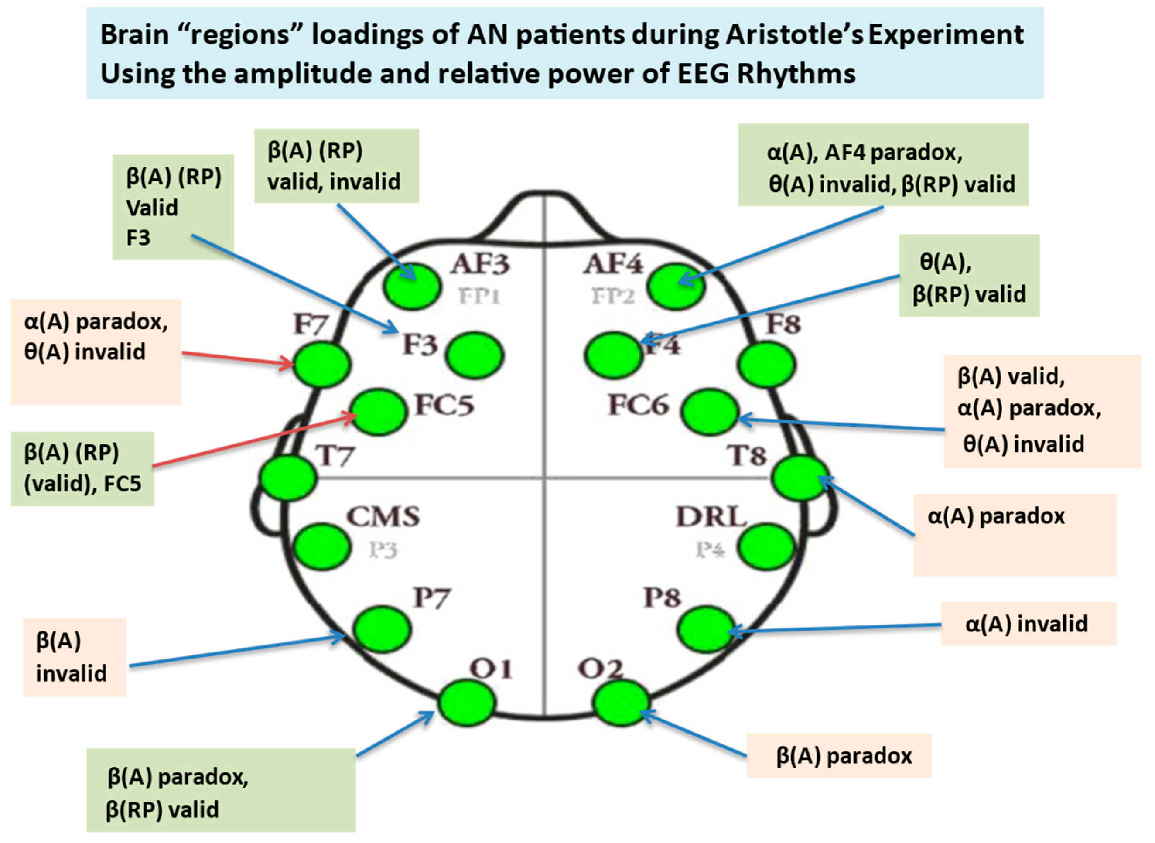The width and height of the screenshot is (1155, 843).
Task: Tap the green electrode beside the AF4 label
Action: (x=676, y=286)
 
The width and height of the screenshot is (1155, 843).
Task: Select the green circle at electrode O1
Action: (x=466, y=702)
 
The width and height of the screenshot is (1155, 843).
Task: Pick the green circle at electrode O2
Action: (x=621, y=703)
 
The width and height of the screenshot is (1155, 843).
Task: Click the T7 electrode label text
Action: (x=334, y=456)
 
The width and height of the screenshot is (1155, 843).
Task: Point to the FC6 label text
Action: (x=638, y=406)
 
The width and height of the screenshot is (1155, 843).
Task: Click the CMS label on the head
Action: (x=383, y=516)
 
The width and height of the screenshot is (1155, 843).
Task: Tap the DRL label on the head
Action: (x=711, y=516)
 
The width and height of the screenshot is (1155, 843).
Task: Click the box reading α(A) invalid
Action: (x=1028, y=624)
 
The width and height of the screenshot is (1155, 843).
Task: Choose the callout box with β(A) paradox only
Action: (x=839, y=756)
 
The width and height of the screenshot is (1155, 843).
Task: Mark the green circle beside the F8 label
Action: (x=766, y=364)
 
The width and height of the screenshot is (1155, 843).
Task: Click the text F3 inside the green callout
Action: (x=138, y=238)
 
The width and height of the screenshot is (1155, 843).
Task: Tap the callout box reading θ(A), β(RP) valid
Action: (x=969, y=276)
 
